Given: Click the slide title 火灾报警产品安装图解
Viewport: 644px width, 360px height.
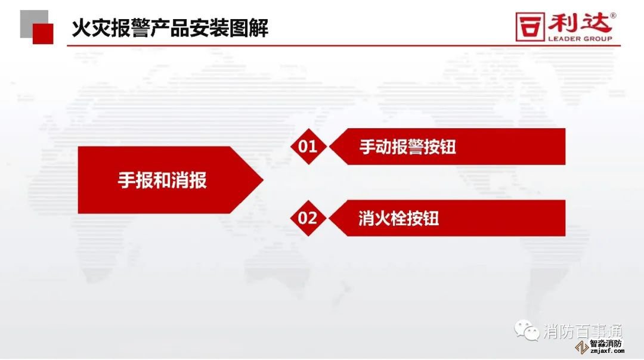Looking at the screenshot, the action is [169, 29].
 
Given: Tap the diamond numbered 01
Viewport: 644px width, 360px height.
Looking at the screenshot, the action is [308, 147].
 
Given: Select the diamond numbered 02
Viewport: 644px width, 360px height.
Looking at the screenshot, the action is [308, 218].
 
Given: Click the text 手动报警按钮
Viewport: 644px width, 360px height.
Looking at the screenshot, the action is [407, 147].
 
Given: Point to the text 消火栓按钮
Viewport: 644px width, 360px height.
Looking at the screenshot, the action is [398, 218].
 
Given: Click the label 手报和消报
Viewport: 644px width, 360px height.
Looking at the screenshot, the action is [162, 180].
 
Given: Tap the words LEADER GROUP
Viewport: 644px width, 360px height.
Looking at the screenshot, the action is [580, 39].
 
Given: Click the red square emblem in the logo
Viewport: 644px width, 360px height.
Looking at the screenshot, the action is [530, 27].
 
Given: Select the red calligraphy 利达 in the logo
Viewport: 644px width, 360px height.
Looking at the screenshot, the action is [579, 23].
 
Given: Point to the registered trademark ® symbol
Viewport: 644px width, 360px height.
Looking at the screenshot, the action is [613, 15].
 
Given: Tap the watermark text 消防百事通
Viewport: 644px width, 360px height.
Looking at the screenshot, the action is [583, 331].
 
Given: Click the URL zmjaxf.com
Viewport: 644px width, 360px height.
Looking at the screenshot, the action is [606, 351].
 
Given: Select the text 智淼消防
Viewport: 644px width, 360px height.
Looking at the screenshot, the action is [606, 343].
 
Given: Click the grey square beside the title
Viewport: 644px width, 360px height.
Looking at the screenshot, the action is [34, 24].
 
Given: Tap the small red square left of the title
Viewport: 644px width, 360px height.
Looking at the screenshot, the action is [43, 33].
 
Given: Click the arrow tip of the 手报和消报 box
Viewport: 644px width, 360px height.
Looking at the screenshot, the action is [263, 180].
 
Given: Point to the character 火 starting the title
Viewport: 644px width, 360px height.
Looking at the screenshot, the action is [81, 29].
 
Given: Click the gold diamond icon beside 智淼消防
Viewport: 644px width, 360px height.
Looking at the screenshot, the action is [582, 347].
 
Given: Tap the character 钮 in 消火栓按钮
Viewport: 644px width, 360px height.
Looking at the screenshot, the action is [431, 218].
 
